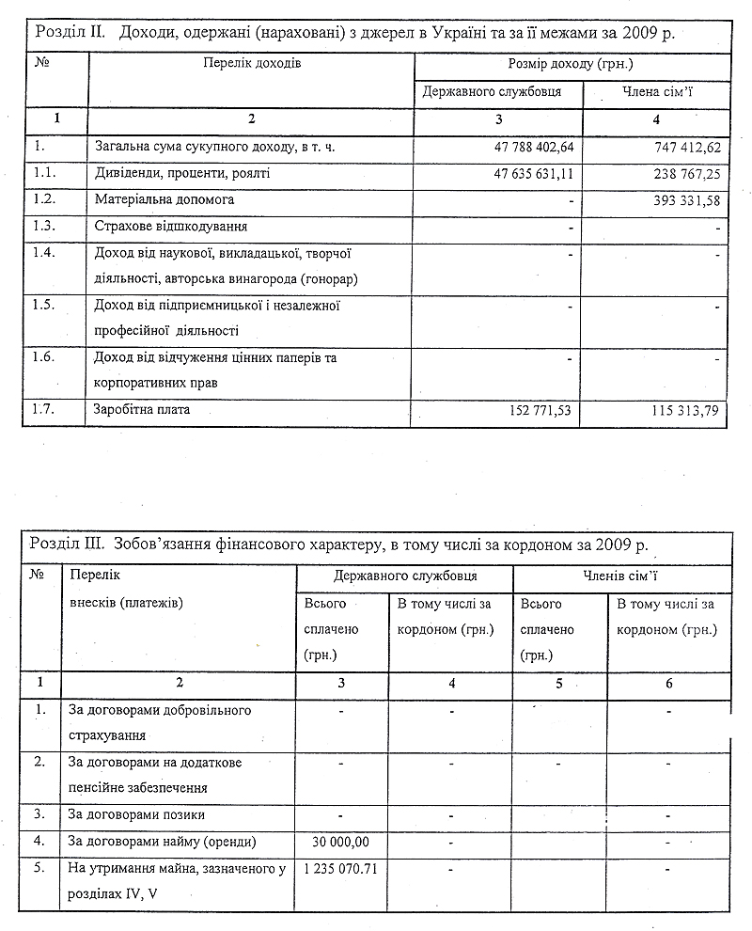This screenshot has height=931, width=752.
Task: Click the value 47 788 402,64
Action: pos(533,148)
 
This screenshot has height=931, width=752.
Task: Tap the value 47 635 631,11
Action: pos(533,174)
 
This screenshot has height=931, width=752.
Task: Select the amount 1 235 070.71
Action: pos(341,868)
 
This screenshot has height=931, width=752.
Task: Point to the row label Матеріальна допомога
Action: pos(165,200)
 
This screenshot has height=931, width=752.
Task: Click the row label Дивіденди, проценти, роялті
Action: pos(183,174)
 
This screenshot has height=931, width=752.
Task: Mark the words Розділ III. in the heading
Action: pos(68,544)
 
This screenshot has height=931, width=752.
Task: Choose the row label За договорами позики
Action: pos(137,814)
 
